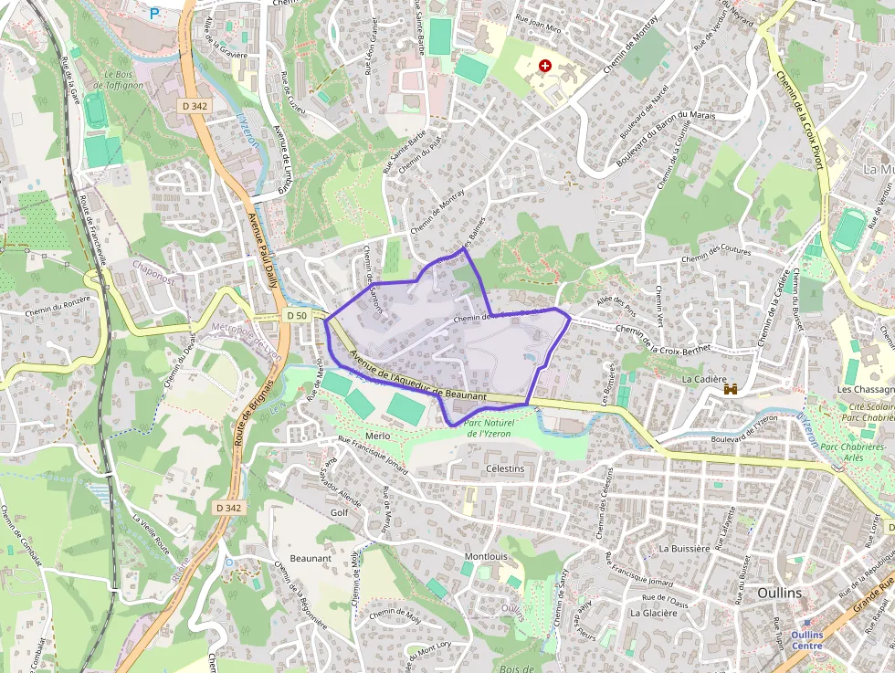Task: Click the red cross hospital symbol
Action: [x=545, y=66]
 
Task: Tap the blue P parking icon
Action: [x=154, y=13]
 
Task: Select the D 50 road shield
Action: [x=296, y=315]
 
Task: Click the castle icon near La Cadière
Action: [x=730, y=389]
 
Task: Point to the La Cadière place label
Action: [x=704, y=379]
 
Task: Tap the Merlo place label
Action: [x=377, y=436]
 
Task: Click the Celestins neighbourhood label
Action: [x=506, y=468]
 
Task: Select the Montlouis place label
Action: [x=486, y=556]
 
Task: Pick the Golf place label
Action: [x=339, y=512]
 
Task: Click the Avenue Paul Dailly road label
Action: [x=263, y=256]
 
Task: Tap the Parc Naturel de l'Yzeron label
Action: [x=490, y=427]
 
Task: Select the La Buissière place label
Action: [x=684, y=549]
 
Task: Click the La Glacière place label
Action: [x=654, y=613]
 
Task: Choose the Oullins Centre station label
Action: [x=806, y=640]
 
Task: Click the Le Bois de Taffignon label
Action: [x=124, y=80]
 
